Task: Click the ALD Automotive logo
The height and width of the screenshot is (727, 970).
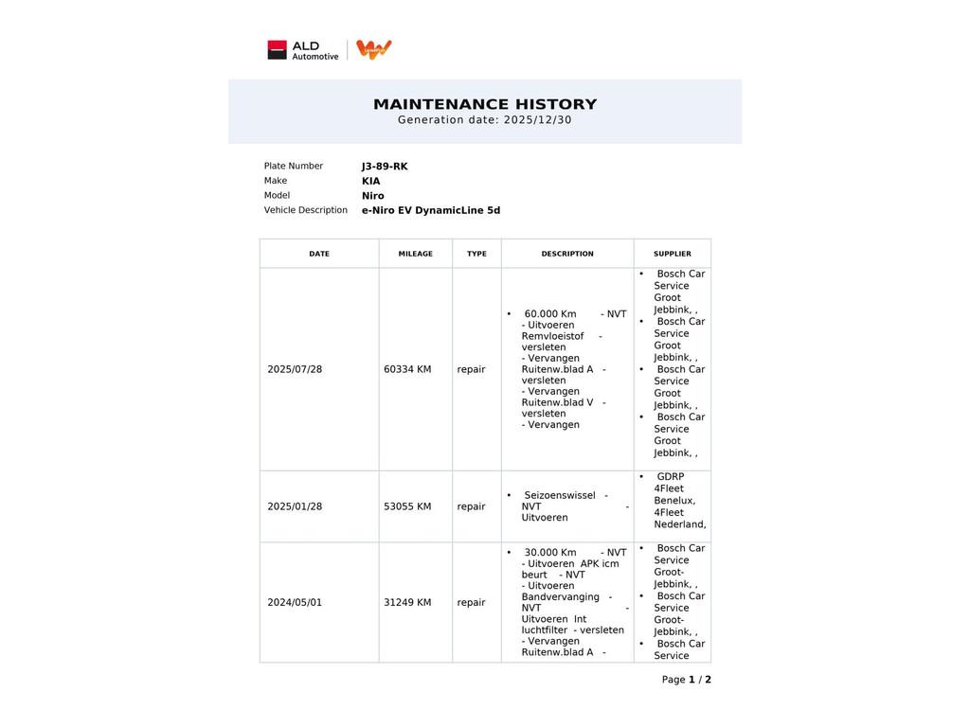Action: pyautogui.click(x=302, y=50)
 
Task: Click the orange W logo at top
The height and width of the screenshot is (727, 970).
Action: pyautogui.click(x=374, y=49)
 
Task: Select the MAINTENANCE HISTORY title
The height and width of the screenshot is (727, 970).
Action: pyautogui.click(x=485, y=104)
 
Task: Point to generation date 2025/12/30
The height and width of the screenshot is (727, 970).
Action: pyautogui.click(x=537, y=120)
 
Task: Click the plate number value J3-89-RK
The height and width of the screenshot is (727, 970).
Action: pyautogui.click(x=385, y=167)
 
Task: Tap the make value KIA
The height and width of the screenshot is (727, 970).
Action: pyautogui.click(x=370, y=181)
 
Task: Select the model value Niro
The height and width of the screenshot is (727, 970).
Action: pyautogui.click(x=372, y=196)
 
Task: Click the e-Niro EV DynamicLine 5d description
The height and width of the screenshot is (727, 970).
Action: pyautogui.click(x=430, y=210)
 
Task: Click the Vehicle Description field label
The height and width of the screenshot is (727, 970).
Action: pyautogui.click(x=305, y=210)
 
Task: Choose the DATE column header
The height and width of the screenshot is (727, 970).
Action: pyautogui.click(x=319, y=254)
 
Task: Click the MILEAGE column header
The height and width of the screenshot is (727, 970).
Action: pyautogui.click(x=415, y=254)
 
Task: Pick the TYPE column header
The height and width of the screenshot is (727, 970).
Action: pyautogui.click(x=476, y=254)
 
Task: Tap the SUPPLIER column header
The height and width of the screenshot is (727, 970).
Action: pyautogui.click(x=672, y=254)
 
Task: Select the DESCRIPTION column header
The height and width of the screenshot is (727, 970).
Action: pyautogui.click(x=567, y=254)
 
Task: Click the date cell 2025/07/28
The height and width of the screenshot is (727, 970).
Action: pyautogui.click(x=295, y=369)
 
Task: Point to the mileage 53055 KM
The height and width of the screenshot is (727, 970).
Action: pyautogui.click(x=407, y=506)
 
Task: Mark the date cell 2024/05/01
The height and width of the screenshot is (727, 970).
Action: pyautogui.click(x=295, y=602)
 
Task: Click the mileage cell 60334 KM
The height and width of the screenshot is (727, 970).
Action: pyautogui.click(x=407, y=369)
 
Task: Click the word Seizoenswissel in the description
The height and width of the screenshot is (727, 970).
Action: pyautogui.click(x=559, y=495)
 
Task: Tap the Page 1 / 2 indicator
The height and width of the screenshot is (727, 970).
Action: pyautogui.click(x=686, y=680)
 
